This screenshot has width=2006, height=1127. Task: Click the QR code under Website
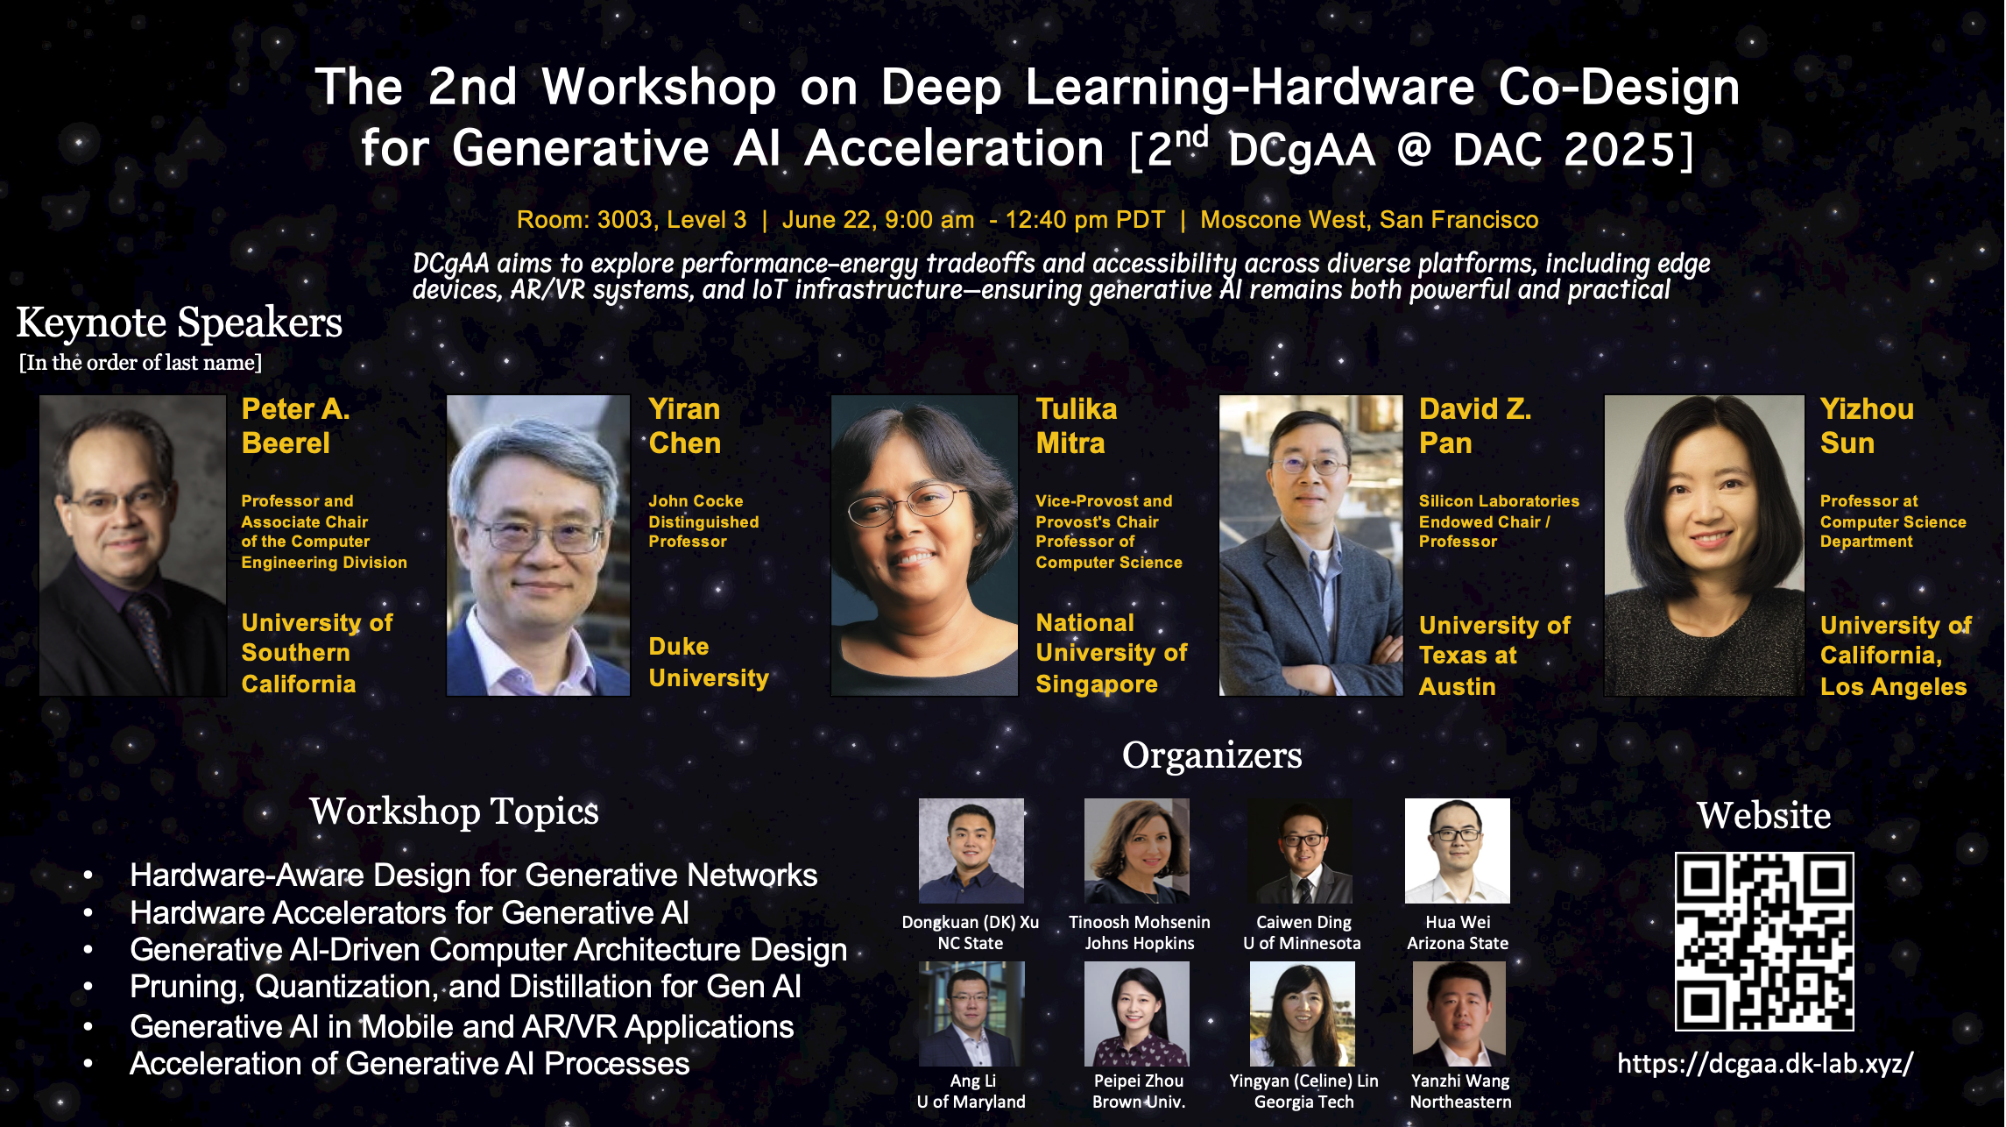1764,941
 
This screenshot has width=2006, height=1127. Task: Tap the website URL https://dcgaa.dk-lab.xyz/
1765,1064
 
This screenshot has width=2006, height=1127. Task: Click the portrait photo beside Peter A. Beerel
133,545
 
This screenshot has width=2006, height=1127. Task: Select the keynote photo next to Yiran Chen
538,545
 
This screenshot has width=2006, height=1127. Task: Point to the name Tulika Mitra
1077,426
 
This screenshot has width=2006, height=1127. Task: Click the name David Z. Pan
1475,426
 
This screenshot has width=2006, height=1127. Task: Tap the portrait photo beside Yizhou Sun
1704,545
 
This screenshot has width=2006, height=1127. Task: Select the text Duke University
709,663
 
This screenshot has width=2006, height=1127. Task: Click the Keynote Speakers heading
180,323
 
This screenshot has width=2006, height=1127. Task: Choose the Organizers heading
1212,755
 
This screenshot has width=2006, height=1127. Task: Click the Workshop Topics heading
454,812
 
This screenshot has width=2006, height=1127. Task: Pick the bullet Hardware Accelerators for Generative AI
409,913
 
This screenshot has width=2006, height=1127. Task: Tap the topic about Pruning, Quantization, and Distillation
465,987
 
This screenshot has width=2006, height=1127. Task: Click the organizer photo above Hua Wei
1458,851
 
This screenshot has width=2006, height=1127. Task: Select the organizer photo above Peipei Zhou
1137,1014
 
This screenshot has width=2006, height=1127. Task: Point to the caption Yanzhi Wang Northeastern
1460,1091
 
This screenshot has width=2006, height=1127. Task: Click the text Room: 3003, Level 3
632,220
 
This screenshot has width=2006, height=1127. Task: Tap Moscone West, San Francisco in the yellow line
1369,220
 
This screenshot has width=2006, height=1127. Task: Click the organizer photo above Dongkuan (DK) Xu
971,851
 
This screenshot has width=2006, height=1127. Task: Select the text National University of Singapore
1112,654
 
